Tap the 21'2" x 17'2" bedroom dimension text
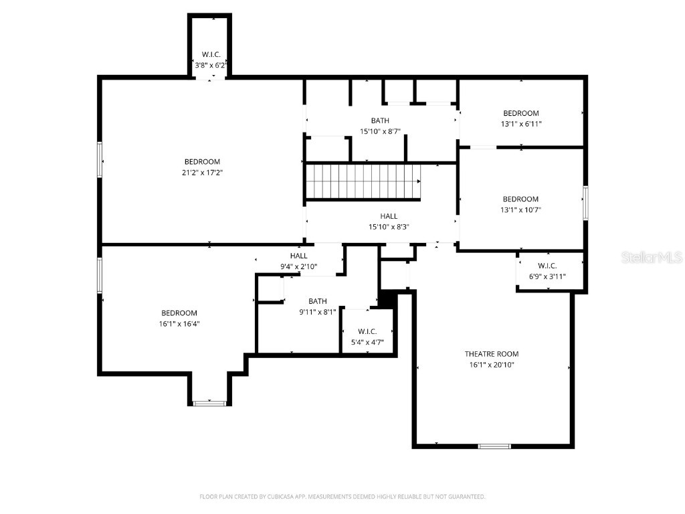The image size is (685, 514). point(202,173)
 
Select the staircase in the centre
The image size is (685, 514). point(363,181)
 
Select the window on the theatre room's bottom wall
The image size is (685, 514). point(494,446)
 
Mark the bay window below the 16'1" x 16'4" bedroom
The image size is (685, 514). point(209,403)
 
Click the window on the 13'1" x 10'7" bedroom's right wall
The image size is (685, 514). point(585,203)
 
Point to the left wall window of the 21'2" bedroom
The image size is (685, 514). point(100,159)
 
